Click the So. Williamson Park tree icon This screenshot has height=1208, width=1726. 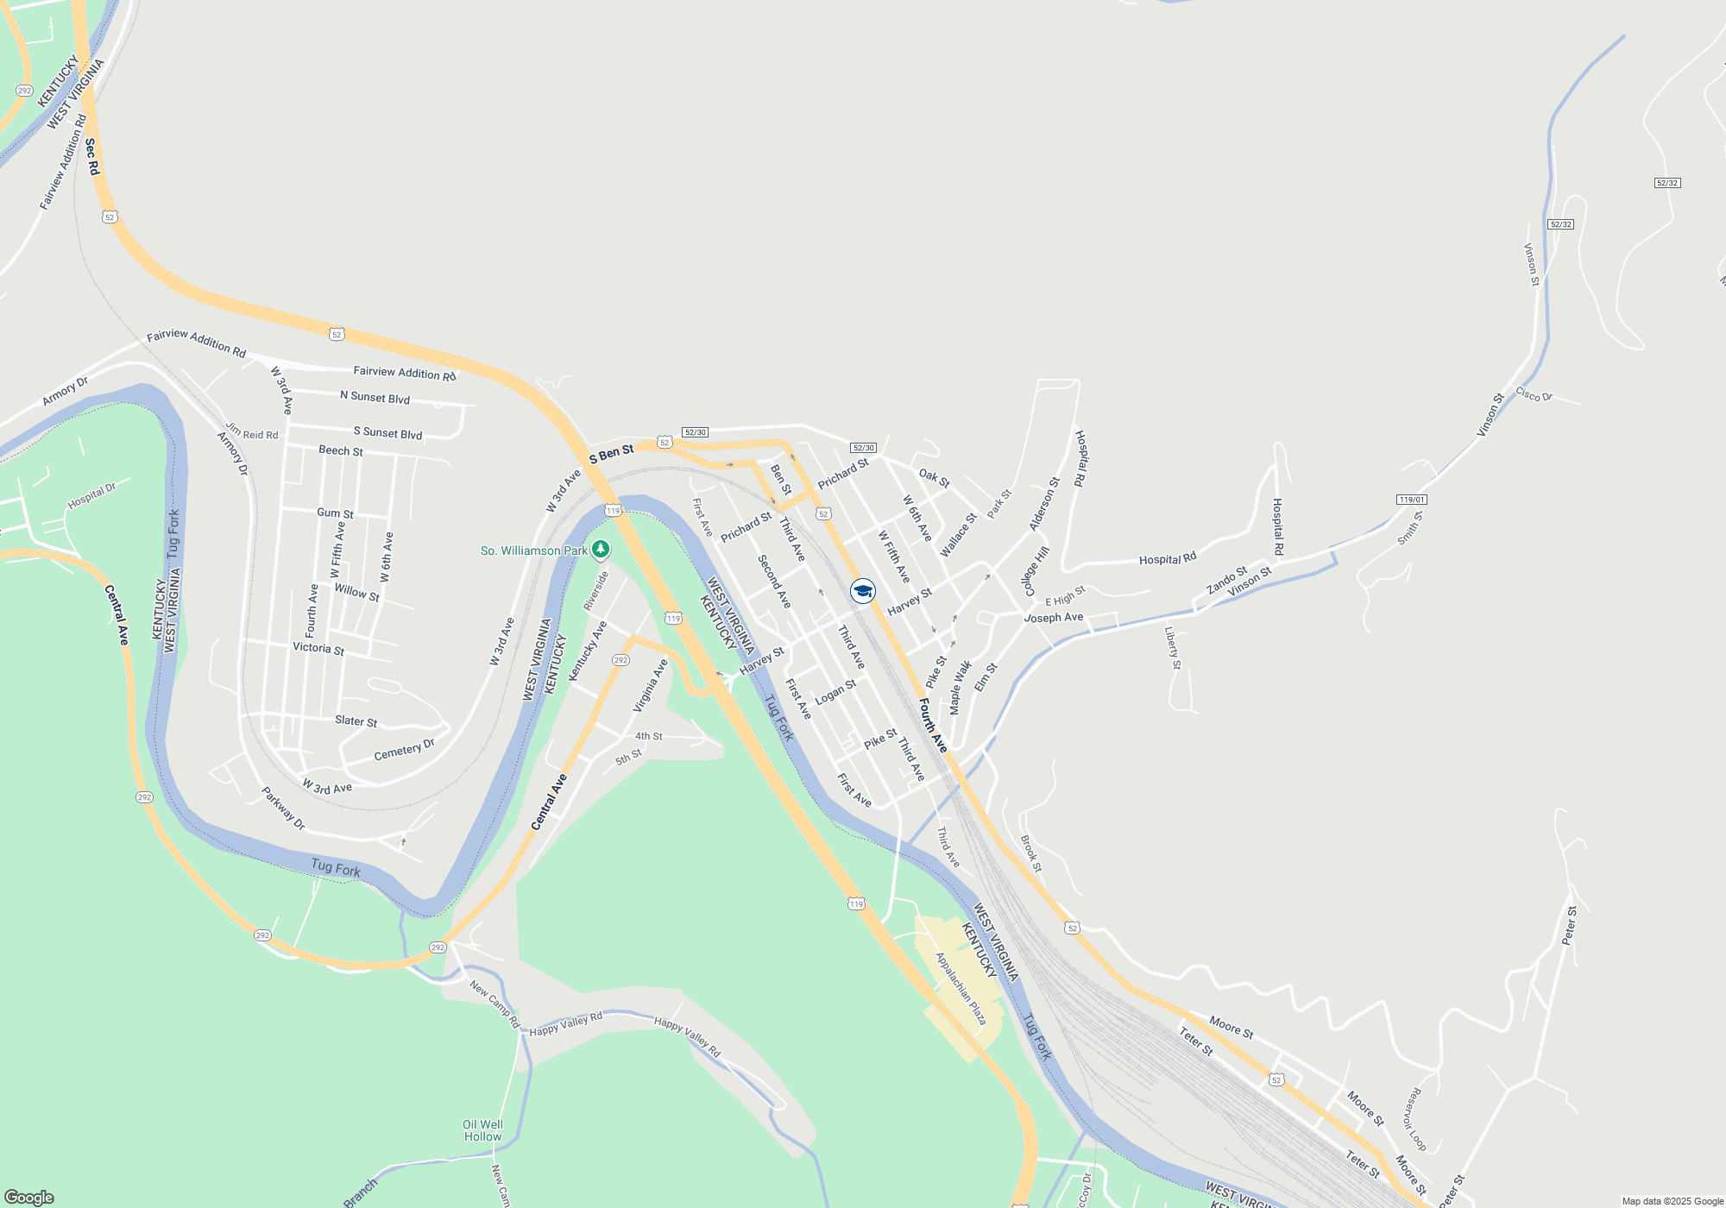click(x=601, y=549)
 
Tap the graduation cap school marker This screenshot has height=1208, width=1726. click(x=863, y=591)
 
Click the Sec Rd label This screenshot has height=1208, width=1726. click(x=92, y=156)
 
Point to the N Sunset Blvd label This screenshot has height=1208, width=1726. click(x=375, y=397)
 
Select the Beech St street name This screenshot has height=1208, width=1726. click(x=341, y=450)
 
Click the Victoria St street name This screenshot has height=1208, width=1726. click(x=318, y=648)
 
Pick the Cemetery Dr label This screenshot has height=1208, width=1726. click(x=404, y=751)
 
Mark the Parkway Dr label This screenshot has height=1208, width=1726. click(x=284, y=808)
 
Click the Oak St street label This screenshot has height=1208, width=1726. click(x=934, y=478)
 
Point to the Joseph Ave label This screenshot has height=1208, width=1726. click(x=1053, y=618)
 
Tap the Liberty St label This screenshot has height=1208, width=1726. click(x=1172, y=647)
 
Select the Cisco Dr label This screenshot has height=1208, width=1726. click(x=1534, y=395)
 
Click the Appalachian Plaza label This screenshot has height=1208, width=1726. click(x=961, y=989)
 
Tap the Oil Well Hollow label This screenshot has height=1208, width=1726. click(x=482, y=1130)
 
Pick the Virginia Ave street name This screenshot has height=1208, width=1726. click(x=651, y=686)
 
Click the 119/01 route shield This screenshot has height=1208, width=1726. click(x=1412, y=500)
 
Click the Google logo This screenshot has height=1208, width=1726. click(x=29, y=1197)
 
